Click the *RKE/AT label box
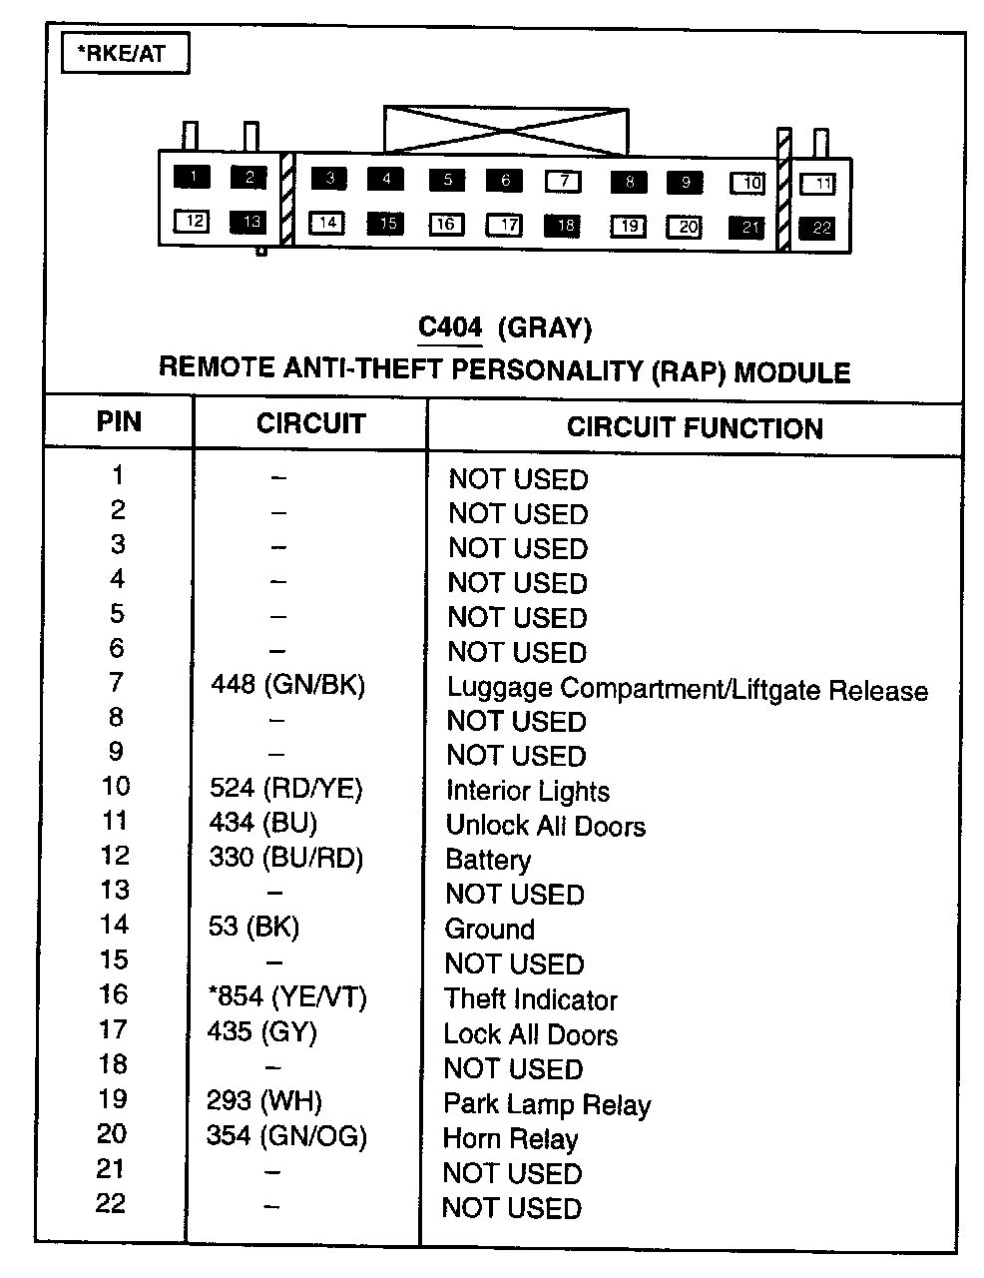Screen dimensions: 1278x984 [x=125, y=54]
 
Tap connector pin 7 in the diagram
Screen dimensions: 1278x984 [x=564, y=182]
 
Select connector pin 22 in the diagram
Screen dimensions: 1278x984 [x=820, y=228]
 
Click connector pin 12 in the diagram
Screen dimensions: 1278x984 [x=193, y=221]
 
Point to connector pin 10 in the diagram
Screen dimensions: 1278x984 [x=748, y=184]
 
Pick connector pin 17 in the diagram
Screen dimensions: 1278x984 [x=506, y=225]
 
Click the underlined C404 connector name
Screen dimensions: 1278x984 [x=450, y=327]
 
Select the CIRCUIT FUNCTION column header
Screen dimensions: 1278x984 [x=695, y=428]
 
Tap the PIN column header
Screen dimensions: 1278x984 [x=119, y=421]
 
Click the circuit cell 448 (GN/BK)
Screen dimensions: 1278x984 [x=288, y=685]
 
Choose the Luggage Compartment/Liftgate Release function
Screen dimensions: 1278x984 [x=687, y=690]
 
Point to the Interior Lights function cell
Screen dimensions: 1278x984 [x=527, y=792]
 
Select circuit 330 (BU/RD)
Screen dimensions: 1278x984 [x=286, y=858]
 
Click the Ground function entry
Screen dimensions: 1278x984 [x=489, y=930]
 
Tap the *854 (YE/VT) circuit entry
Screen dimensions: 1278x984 [x=287, y=996]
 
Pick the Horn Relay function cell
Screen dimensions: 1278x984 [x=510, y=1139]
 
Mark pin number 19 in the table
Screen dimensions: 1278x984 [x=113, y=1099]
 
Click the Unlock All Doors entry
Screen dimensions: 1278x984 [x=545, y=827]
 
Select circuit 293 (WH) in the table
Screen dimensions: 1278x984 [x=265, y=1101]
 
